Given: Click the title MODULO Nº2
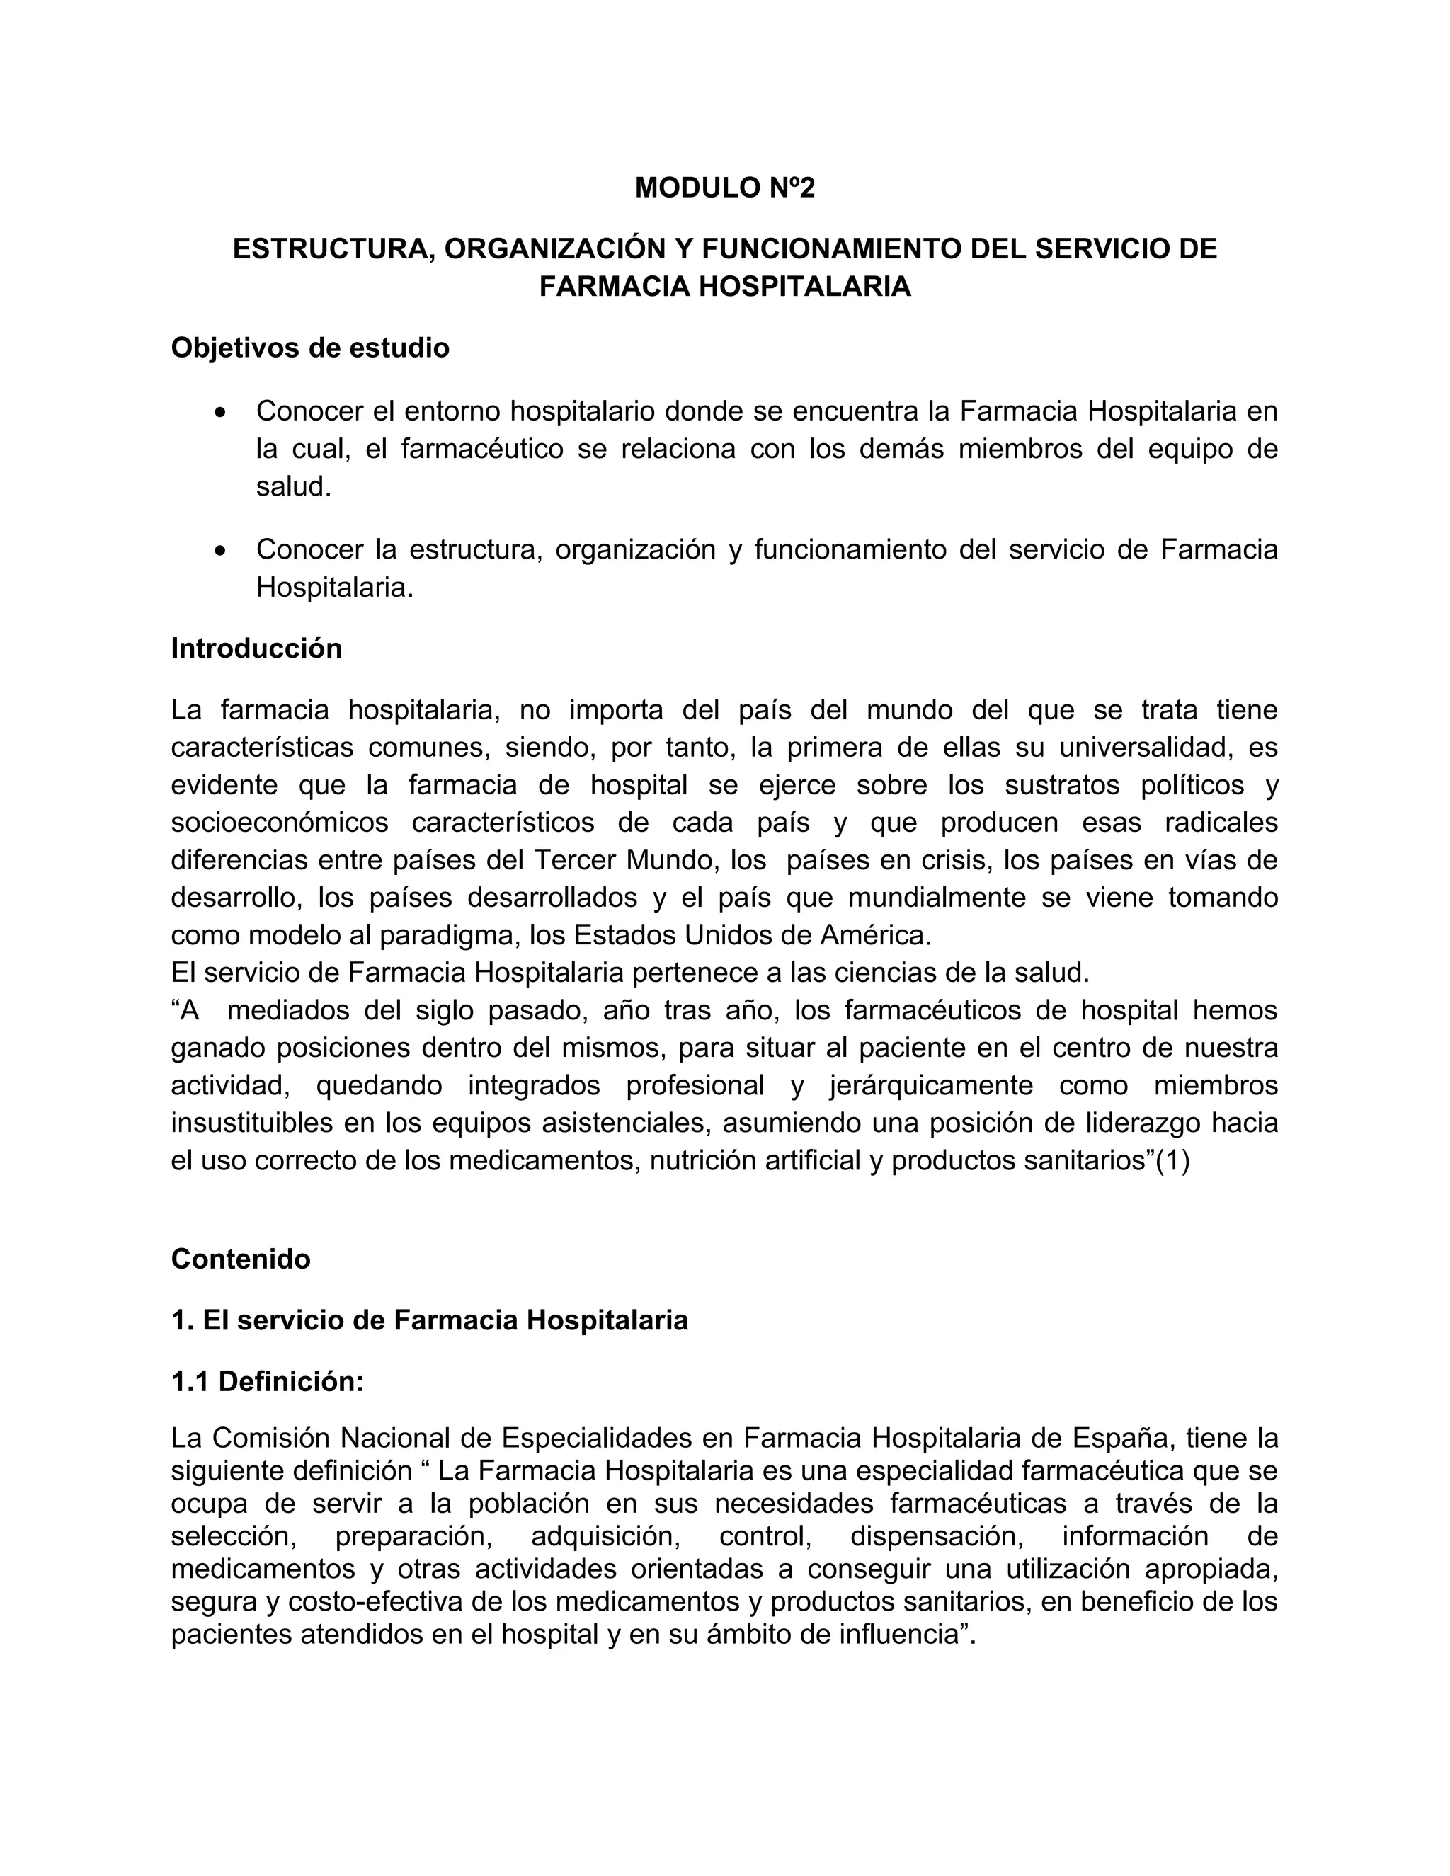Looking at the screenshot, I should click(x=724, y=188).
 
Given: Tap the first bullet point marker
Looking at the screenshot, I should click(x=222, y=413).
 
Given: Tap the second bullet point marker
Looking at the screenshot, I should click(x=222, y=551).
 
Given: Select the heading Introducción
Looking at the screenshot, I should click(x=256, y=648).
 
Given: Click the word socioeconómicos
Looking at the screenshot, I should click(x=279, y=823).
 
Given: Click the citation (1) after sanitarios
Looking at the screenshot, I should click(x=1172, y=1161).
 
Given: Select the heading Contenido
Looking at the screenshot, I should click(x=241, y=1259).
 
